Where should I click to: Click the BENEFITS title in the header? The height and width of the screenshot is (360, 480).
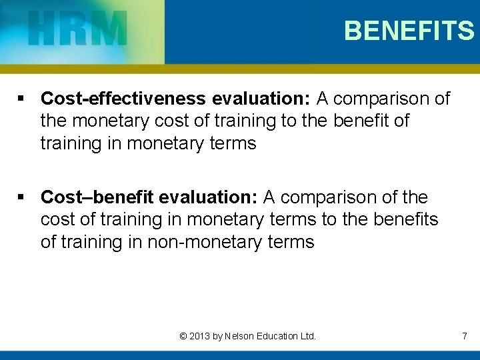pyautogui.click(x=409, y=31)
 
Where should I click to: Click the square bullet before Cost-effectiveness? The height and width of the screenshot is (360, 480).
pyautogui.click(x=22, y=99)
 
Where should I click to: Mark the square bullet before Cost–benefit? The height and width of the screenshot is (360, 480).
pyautogui.click(x=22, y=198)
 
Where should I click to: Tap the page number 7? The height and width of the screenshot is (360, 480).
pyautogui.click(x=464, y=336)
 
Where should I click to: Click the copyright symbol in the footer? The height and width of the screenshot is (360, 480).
pyautogui.click(x=183, y=336)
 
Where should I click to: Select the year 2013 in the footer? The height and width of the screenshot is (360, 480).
pyautogui.click(x=199, y=336)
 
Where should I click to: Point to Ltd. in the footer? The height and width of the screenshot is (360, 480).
pyautogui.click(x=307, y=336)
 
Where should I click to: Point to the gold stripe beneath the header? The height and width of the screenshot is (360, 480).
pyautogui.click(x=240, y=69)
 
